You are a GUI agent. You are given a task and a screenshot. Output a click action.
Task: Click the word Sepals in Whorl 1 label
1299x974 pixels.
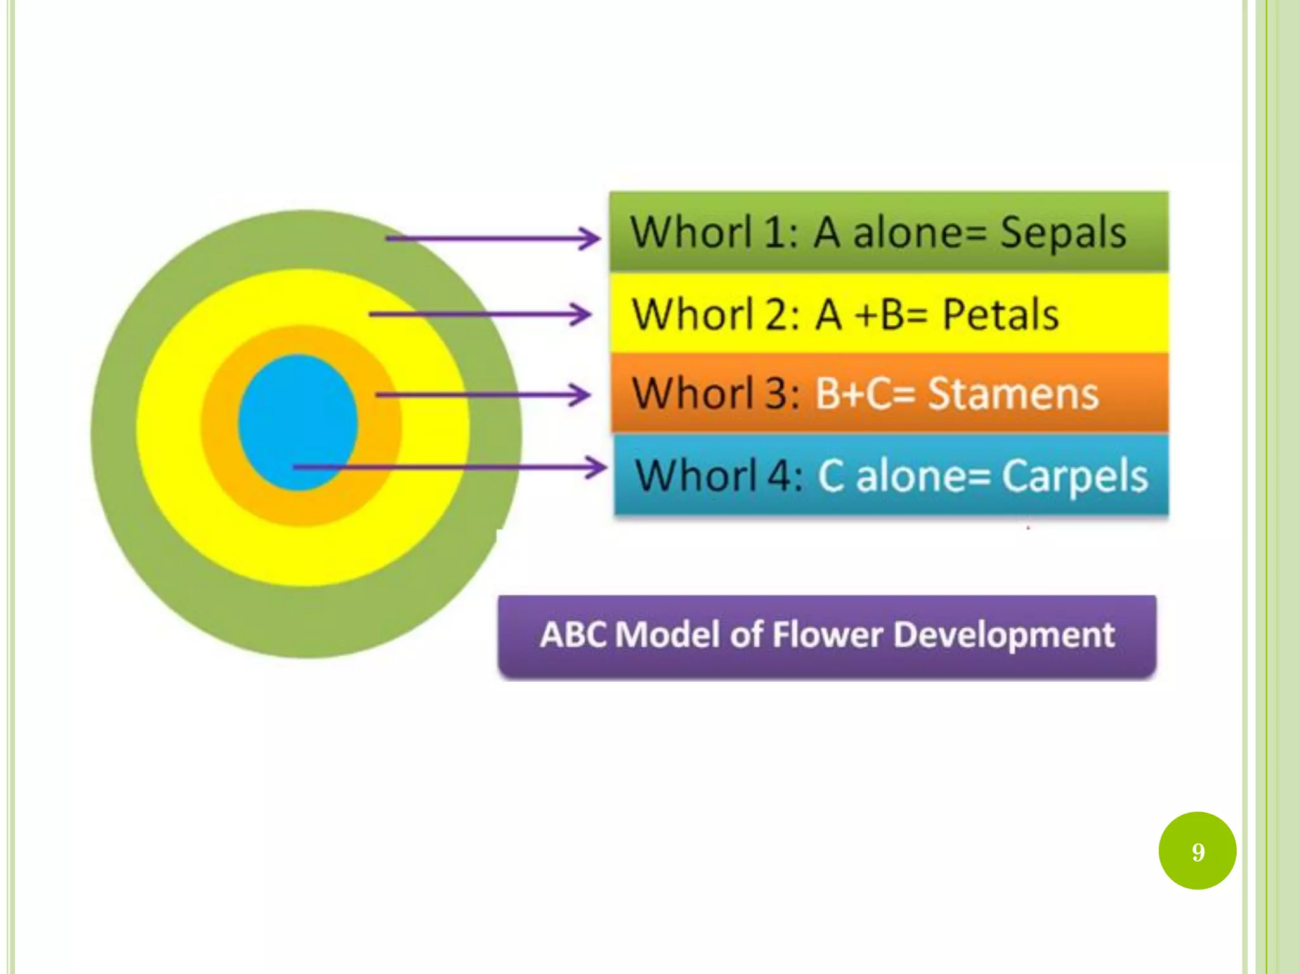pyautogui.click(x=1062, y=233)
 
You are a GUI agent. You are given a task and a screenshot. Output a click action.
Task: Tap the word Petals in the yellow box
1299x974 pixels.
pyautogui.click(x=1000, y=315)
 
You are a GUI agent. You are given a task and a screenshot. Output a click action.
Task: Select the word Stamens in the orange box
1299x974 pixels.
pyautogui.click(x=1013, y=394)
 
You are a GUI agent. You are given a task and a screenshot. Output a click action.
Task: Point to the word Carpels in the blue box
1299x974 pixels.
pyautogui.click(x=1074, y=476)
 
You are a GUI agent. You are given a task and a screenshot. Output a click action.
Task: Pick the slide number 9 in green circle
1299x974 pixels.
pyautogui.click(x=1198, y=852)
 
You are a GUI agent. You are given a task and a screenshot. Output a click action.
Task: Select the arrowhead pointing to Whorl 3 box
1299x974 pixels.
pyautogui.click(x=581, y=395)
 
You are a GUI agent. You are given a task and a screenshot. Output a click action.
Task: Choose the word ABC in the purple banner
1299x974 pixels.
pyautogui.click(x=575, y=635)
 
